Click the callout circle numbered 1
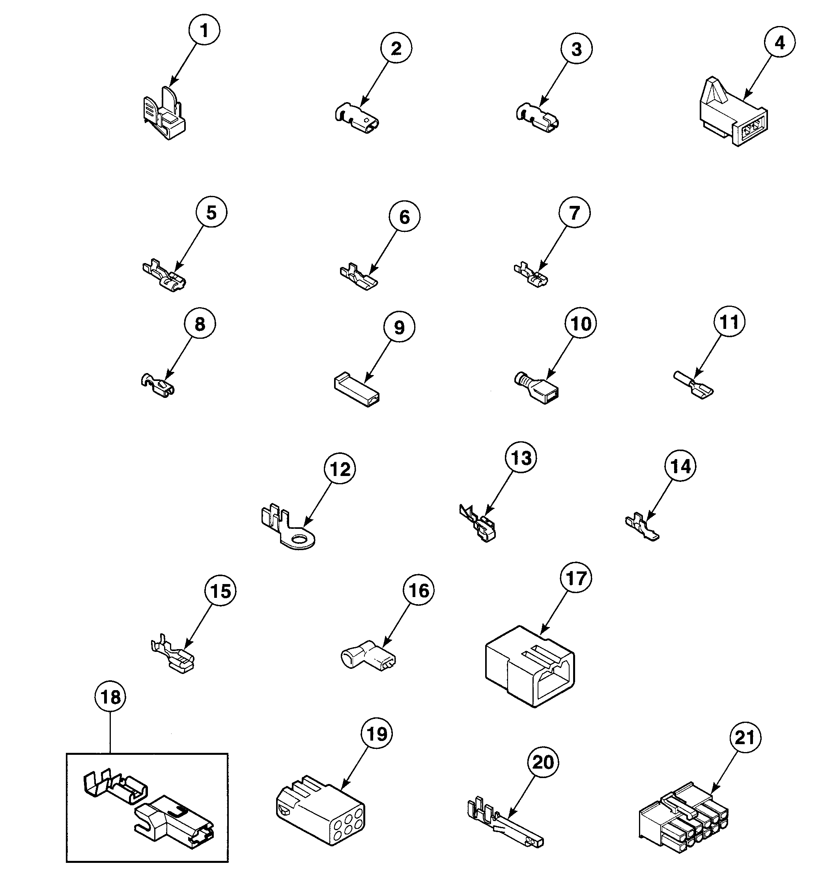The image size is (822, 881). click(x=204, y=31)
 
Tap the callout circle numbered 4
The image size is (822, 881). click(x=779, y=43)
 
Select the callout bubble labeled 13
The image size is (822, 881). click(x=521, y=458)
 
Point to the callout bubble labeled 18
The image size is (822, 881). click(x=110, y=697)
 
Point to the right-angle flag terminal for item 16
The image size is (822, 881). click(x=368, y=659)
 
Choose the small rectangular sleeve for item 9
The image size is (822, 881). click(x=357, y=391)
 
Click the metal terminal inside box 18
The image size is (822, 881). click(x=116, y=792)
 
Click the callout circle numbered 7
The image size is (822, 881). click(x=574, y=213)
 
